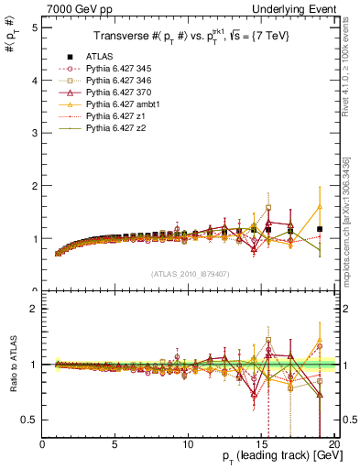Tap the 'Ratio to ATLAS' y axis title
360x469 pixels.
[x=12, y=365]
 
